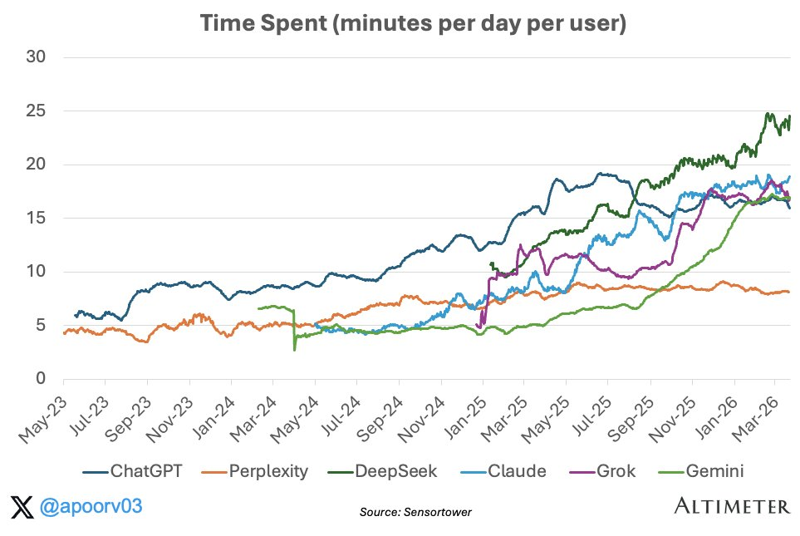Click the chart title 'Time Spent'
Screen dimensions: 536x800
399,24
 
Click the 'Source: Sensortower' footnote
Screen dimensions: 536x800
415,512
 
